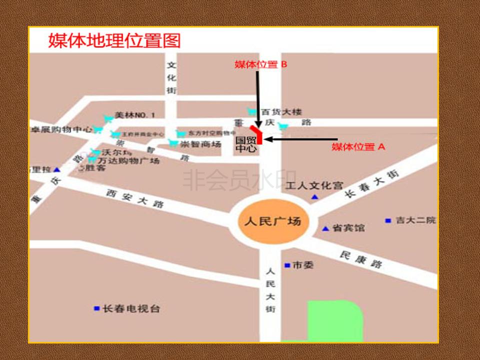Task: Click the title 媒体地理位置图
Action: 114,40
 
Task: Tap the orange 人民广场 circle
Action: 272,221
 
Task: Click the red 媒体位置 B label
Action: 260,64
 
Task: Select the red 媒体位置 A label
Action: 359,147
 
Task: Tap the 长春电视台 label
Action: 131,309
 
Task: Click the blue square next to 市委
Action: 287,265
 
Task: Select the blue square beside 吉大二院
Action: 388,220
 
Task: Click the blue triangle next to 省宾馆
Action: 325,228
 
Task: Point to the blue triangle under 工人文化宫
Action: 314,197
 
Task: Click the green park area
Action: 334,321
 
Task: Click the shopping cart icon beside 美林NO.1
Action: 107,118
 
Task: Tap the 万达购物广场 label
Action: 128,161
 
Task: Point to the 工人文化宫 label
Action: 314,186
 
